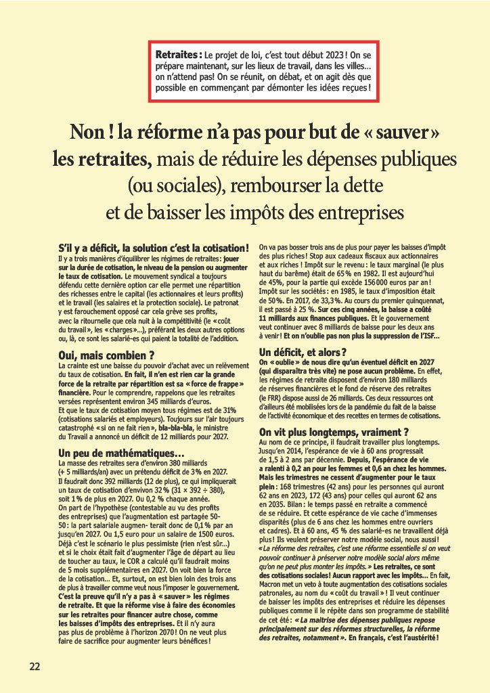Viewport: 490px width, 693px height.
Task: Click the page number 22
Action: click(35, 666)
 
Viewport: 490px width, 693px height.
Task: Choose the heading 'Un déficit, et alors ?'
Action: click(303, 352)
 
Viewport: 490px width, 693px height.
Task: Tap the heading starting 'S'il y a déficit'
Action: click(158, 248)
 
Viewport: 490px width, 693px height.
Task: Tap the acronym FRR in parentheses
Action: click(272, 397)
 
